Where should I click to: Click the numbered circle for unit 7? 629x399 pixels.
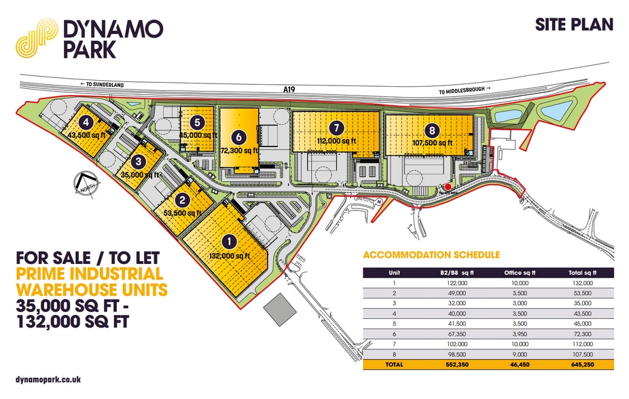336,127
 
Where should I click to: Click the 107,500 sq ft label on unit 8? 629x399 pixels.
432,143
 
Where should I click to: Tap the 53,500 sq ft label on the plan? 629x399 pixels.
183,212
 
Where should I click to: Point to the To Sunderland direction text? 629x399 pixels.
107,83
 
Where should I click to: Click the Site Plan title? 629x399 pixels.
574,25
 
